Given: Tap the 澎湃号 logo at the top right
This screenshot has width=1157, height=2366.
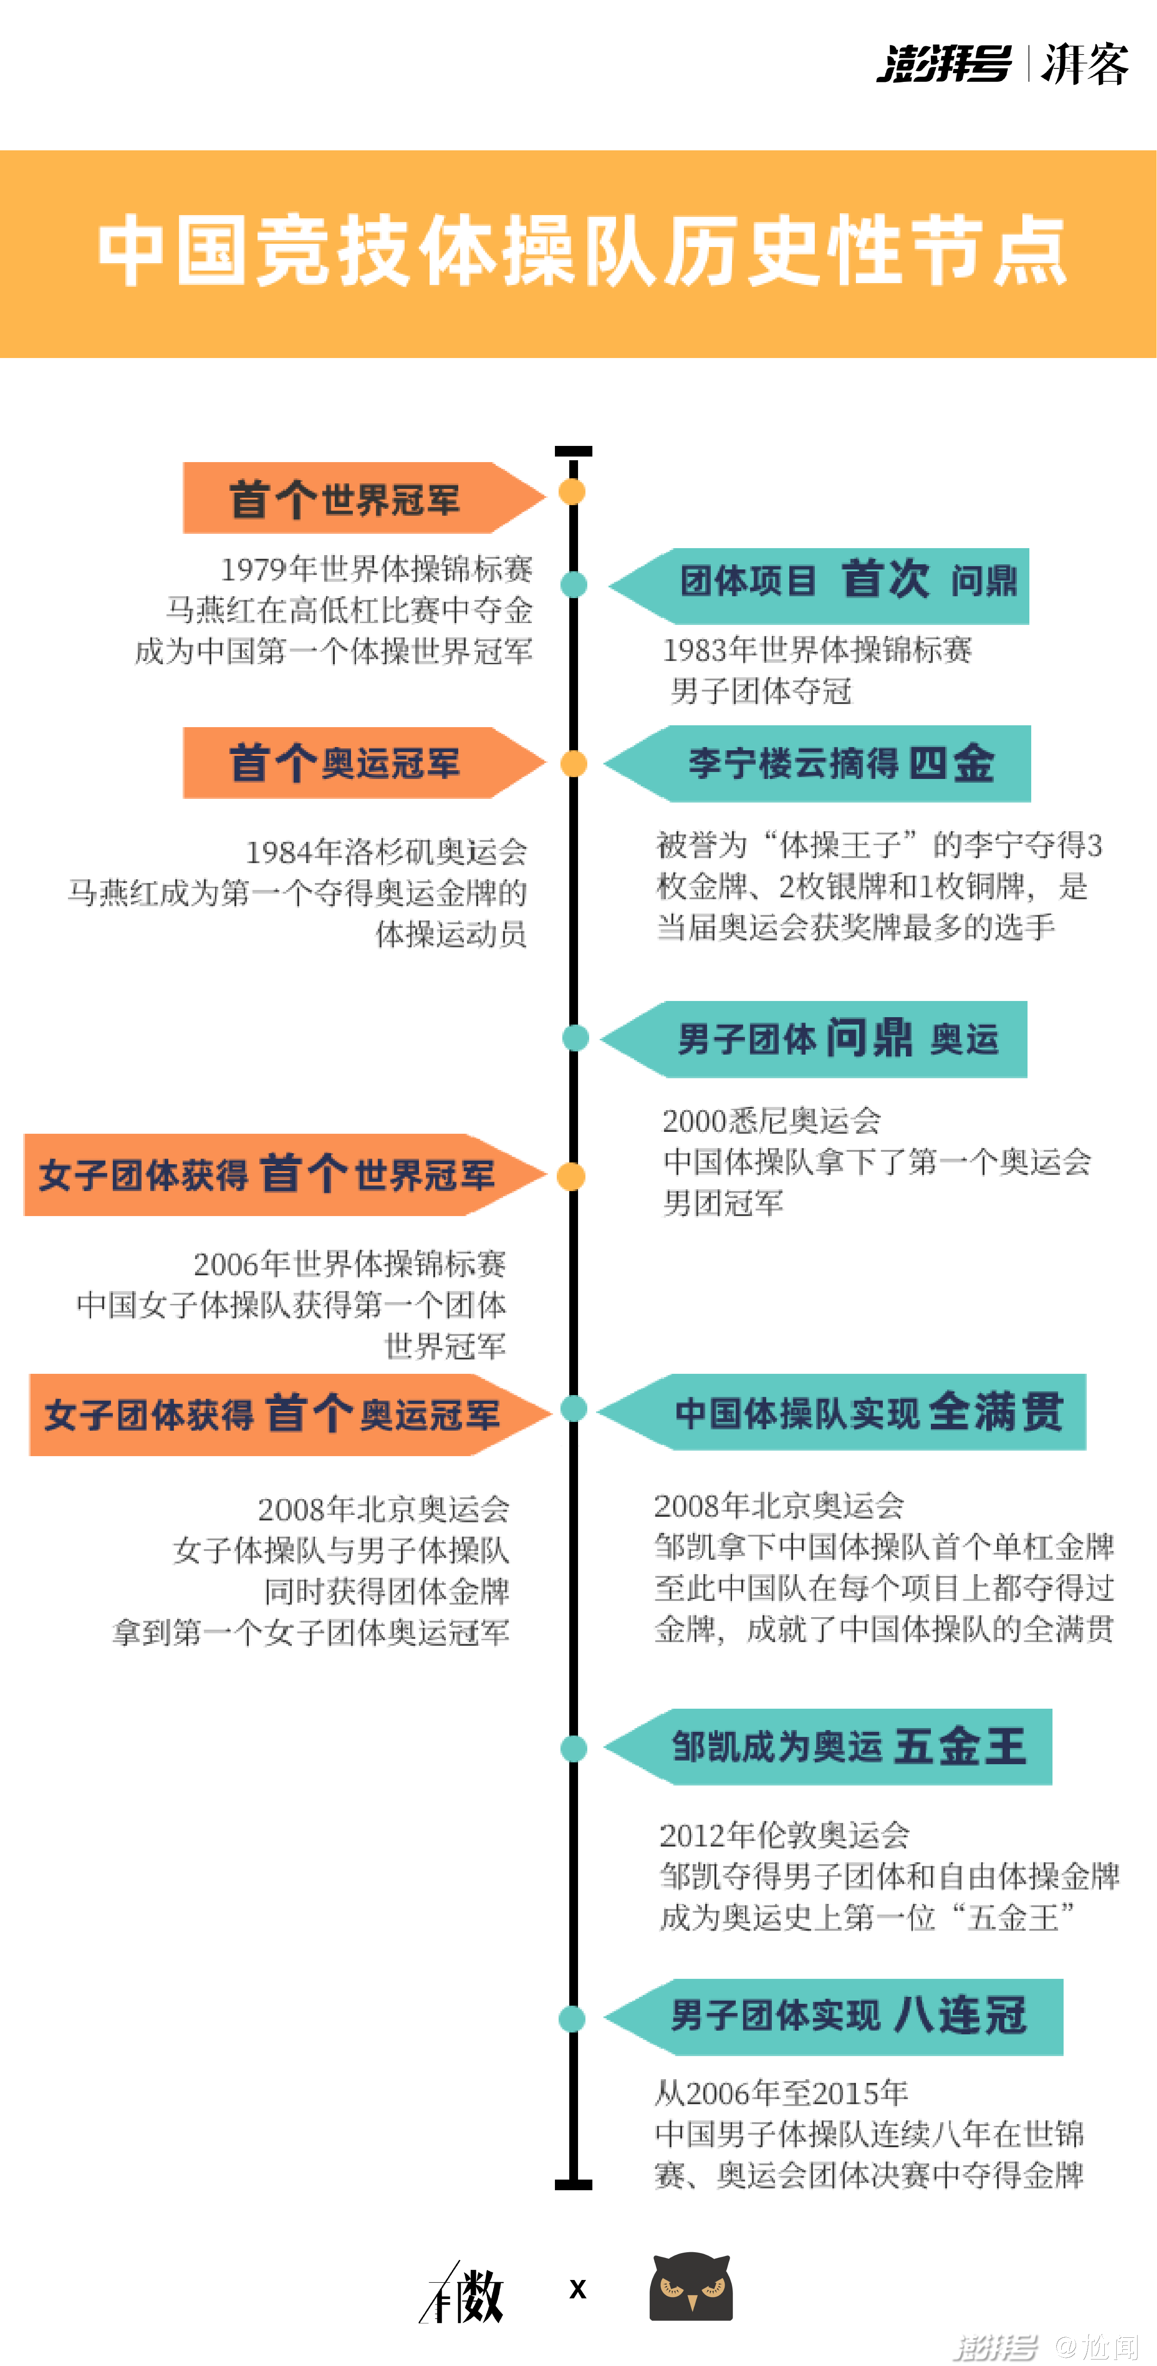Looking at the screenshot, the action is click(944, 64).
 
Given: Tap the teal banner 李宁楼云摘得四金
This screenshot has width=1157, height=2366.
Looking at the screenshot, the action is click(816, 763).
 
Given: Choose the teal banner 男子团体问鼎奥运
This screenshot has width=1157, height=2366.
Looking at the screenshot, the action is click(813, 1039).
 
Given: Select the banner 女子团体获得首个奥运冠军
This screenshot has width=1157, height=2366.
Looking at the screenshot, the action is click(290, 1415).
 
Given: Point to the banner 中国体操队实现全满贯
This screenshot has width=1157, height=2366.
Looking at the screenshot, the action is click(841, 1412).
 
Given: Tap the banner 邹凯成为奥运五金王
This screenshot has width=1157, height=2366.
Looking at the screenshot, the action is click(827, 1747).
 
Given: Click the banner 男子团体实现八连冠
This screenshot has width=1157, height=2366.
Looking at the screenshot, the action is click(833, 2017).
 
